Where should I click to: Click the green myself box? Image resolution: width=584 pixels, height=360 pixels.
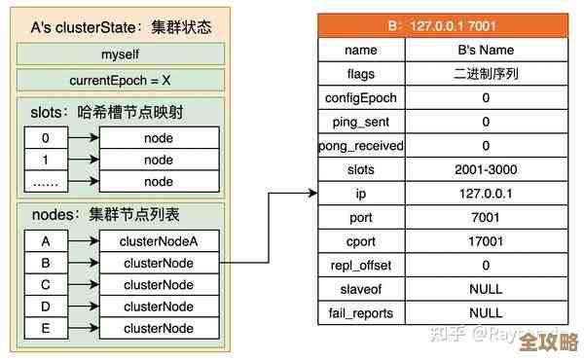[120, 54]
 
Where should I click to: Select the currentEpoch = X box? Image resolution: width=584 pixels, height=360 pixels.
[120, 80]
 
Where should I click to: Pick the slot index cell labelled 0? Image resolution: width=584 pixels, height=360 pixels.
[45, 138]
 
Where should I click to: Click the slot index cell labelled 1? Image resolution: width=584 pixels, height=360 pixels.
[45, 160]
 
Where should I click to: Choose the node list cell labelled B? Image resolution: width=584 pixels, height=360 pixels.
[45, 263]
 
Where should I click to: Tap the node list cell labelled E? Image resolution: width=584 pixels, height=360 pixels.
[45, 329]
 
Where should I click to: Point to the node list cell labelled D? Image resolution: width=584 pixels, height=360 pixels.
[45, 306]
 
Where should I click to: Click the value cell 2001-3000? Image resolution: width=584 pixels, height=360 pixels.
[486, 169]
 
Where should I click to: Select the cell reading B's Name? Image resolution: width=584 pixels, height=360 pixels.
[486, 50]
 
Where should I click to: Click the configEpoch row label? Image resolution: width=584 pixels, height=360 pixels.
[360, 97]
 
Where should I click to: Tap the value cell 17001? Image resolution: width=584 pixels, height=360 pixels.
[486, 241]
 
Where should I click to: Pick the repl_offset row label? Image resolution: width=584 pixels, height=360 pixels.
[360, 265]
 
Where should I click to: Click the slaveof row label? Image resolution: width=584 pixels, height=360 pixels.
[360, 289]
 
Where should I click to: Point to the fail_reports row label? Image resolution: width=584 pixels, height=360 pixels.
[360, 313]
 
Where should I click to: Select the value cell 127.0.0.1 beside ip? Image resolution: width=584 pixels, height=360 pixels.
[486, 194]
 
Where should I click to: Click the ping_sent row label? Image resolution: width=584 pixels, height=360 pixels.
[360, 122]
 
